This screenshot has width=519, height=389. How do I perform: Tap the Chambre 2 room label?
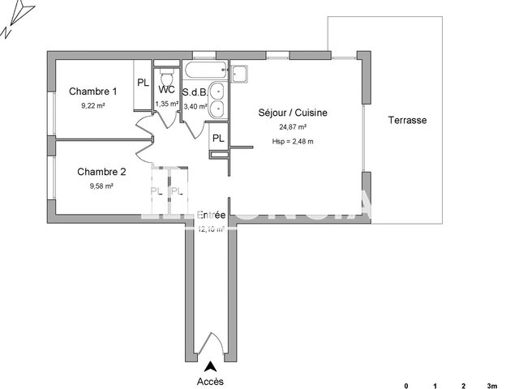coord(101,172)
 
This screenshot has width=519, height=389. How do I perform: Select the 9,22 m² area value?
coord(92,105)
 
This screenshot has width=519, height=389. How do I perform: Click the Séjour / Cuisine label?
coord(293,113)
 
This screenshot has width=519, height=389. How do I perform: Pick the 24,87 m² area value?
coord(292,127)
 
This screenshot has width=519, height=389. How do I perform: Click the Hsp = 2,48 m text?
coord(293,142)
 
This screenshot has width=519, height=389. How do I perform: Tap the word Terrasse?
coord(408,120)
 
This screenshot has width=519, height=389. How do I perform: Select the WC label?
coord(167,90)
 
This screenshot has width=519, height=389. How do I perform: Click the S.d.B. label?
coord(195,92)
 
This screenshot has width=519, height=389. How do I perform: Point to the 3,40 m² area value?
coord(195,105)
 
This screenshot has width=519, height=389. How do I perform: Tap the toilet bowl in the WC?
coord(167,74)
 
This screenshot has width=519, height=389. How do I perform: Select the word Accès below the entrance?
coord(210,381)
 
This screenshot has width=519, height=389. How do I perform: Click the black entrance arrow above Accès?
coord(212,366)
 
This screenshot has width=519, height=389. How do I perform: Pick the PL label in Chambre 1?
coord(143,83)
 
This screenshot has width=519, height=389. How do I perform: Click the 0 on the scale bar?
coord(407,386)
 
